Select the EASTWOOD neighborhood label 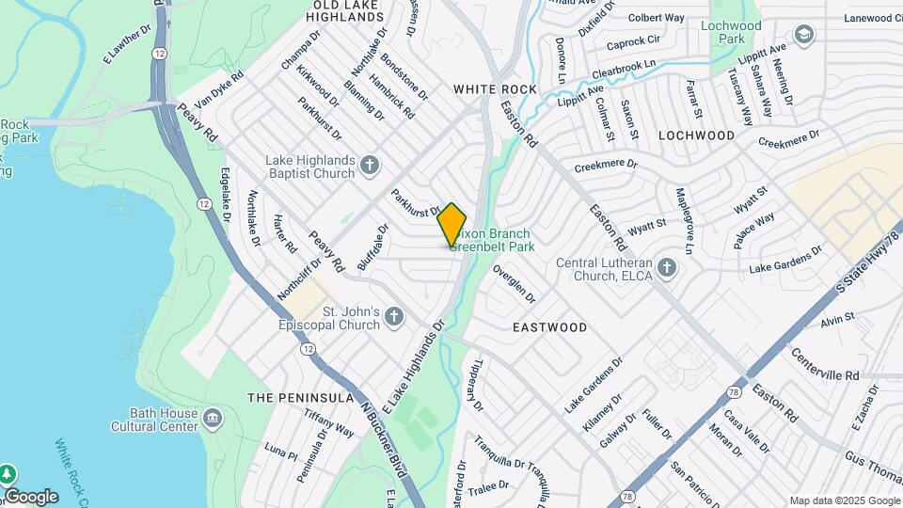(549, 327)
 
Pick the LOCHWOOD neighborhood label (696, 135)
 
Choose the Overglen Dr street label (515, 283)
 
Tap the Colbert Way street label (656, 18)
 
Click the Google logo (31, 497)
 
